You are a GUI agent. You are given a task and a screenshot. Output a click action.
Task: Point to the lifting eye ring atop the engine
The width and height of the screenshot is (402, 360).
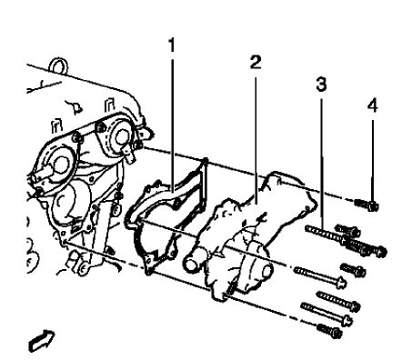pos(59,66)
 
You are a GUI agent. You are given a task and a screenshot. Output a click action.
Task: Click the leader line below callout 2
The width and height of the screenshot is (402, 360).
pos(256,136)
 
